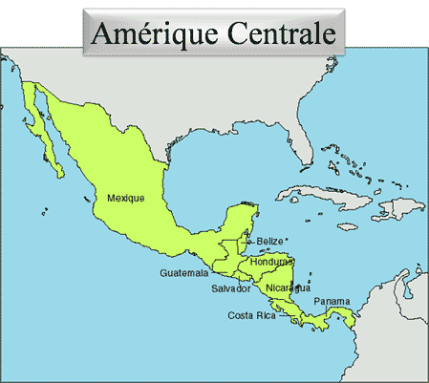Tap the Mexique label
coord(126,199)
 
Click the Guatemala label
coord(183,272)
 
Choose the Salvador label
coord(231,287)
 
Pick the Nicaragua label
coord(288,287)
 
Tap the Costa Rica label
coord(251,314)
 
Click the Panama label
coord(332,302)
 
